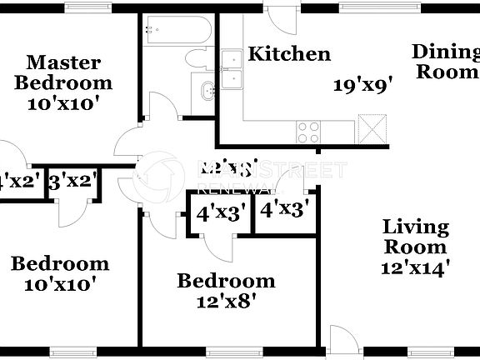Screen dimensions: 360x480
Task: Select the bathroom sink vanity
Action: pos(204,92)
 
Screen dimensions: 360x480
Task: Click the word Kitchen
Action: pos(290,55)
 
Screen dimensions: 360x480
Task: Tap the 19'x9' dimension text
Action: pos(362,85)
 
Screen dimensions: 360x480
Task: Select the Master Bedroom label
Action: pos(63,72)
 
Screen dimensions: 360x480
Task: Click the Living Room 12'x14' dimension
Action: pos(416,267)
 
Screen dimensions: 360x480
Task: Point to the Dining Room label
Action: pos(445,62)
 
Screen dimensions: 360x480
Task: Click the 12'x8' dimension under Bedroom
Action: pos(225,302)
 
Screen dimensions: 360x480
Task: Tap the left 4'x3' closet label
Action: pos(220,213)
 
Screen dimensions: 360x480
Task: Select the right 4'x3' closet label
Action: pos(284,210)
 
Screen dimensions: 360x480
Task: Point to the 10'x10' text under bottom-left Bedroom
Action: pos(59,284)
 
